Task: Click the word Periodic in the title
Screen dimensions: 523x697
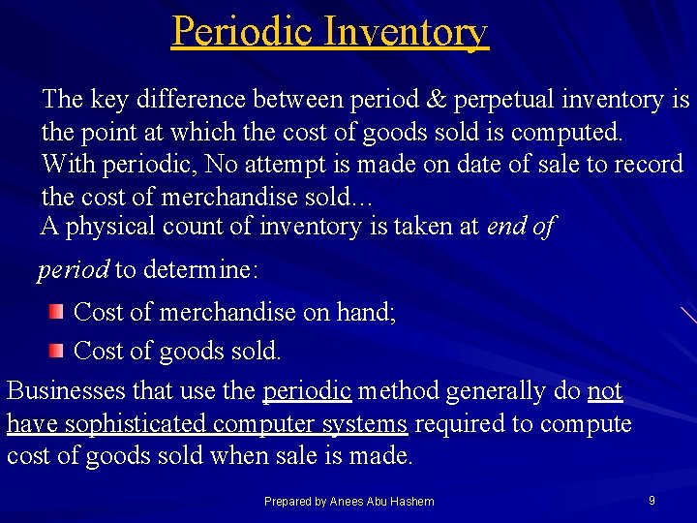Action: click(242, 31)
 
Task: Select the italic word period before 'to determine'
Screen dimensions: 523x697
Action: click(74, 269)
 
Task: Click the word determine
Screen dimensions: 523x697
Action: click(200, 269)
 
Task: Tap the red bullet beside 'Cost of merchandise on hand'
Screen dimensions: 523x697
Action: click(58, 311)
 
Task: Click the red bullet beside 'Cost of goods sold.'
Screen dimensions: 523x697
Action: click(58, 350)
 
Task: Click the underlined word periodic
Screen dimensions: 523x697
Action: click(307, 391)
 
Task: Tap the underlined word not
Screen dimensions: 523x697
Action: click(605, 391)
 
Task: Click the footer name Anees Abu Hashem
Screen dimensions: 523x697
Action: click(381, 501)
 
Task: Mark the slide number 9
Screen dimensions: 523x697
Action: click(652, 500)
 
